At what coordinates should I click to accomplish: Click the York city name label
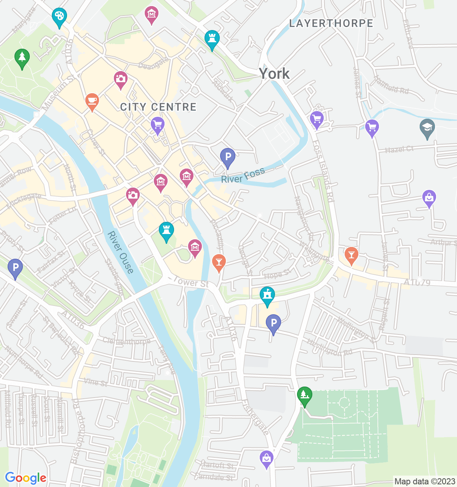pos(274,73)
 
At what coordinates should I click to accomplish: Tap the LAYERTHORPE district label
pos(331,23)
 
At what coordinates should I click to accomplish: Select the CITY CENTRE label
pos(158,107)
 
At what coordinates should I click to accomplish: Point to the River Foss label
pos(243,175)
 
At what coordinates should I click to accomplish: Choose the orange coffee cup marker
pos(92,101)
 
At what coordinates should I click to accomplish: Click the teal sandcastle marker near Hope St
pos(267,296)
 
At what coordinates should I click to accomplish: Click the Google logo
pos(26,478)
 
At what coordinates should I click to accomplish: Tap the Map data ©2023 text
pos(425,481)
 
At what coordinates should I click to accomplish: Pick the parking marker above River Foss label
pos(227,157)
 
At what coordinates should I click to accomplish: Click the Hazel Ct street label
pos(399,149)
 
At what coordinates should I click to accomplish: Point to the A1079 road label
pos(417,282)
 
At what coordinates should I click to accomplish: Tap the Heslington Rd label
pos(330,348)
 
